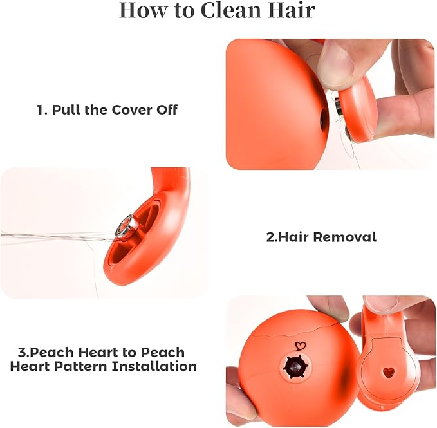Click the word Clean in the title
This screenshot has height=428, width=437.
pyautogui.click(x=230, y=10)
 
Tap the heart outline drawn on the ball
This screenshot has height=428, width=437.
pyautogui.click(x=300, y=346)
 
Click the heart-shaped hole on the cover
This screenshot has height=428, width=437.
pyautogui.click(x=389, y=372)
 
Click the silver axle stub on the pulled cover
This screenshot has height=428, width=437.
pyautogui.click(x=338, y=107)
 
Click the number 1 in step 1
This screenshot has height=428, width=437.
pyautogui.click(x=41, y=110)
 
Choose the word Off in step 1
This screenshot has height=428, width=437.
pyautogui.click(x=167, y=110)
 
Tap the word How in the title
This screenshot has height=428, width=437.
pyautogui.click(x=144, y=10)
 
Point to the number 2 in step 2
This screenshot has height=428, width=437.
pyautogui.click(x=270, y=237)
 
